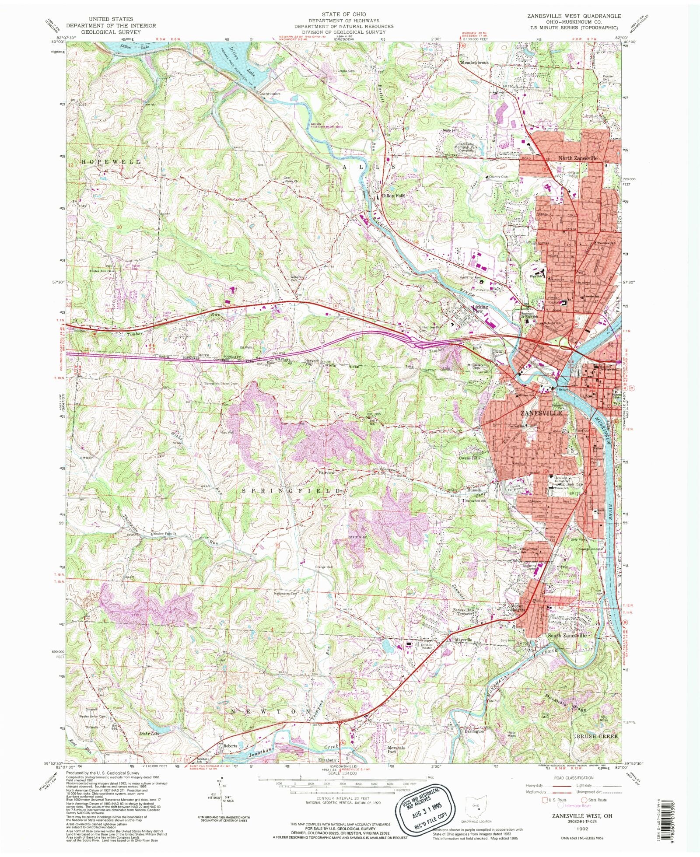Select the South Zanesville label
click(x=567, y=635)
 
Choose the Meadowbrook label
click(x=475, y=63)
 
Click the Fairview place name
click(x=326, y=473)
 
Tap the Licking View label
click(x=479, y=309)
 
